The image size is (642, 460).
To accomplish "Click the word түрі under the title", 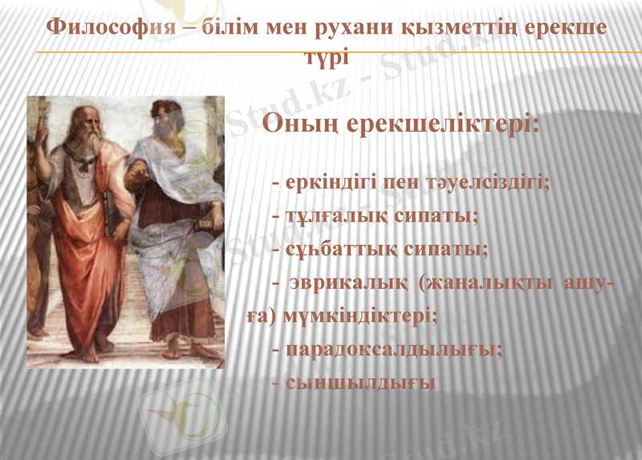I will tap(326, 58).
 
